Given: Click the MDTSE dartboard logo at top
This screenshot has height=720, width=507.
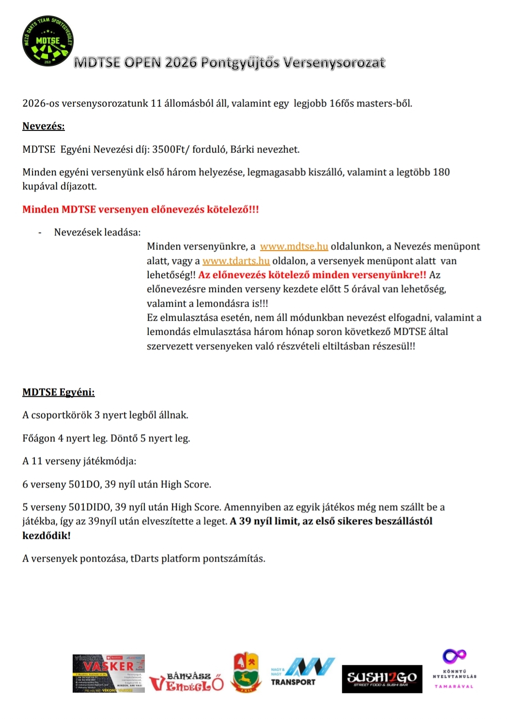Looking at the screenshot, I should coord(48,41).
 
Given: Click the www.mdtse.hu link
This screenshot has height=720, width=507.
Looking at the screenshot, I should coord(294,247).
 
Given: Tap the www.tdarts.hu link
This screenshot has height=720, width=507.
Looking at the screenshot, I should coord(236,261).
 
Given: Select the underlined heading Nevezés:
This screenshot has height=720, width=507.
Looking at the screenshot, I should coord(44,126).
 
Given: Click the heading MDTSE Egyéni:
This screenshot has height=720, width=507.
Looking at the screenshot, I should coord(59,392).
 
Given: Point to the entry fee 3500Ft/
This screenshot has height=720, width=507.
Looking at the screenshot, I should coord(170,150).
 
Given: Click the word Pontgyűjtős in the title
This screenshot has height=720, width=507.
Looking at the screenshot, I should coord(240,63).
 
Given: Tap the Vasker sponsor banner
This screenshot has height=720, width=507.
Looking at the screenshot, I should coord(108,673).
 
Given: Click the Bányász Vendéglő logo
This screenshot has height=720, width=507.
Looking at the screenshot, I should coord(186,681).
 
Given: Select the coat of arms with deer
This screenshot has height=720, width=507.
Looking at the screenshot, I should coord(246,672).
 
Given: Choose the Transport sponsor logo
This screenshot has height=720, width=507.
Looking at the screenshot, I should coord(302,672).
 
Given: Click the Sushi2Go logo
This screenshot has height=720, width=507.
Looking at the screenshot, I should coord(382,678).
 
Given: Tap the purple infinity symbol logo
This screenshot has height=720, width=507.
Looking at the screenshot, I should coord(454,657).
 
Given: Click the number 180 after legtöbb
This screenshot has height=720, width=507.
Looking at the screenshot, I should coord(441,172).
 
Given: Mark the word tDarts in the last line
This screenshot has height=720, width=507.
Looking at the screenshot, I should coord(144,559).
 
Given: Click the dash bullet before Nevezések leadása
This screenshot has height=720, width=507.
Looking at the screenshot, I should coord(40,233).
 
